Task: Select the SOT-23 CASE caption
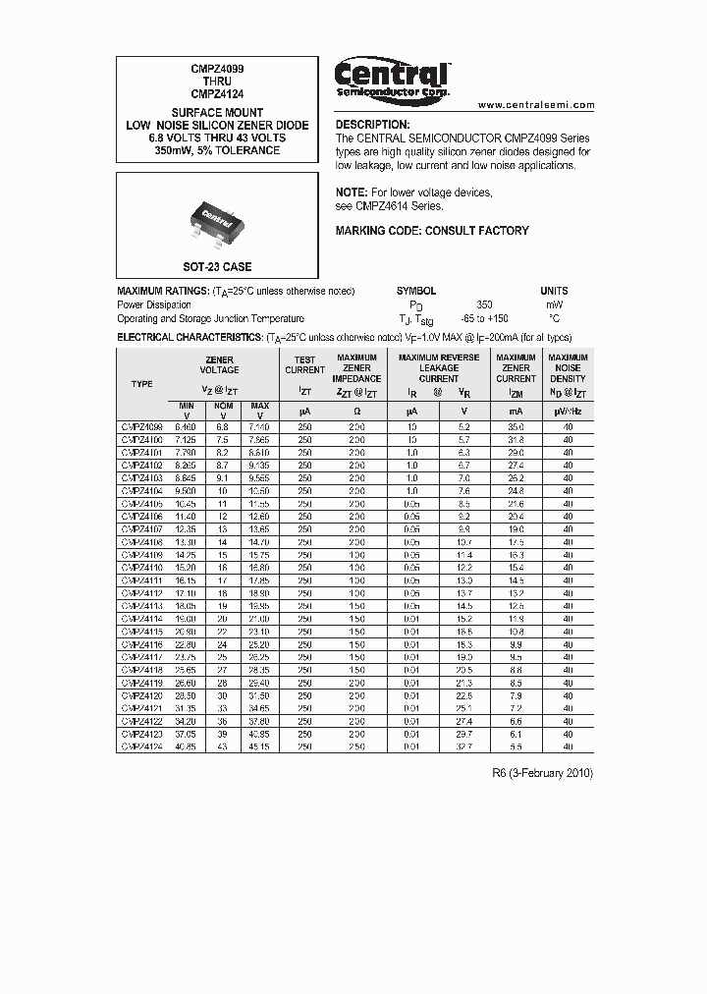(217, 267)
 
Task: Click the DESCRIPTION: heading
(372, 125)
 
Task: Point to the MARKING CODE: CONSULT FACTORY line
(432, 231)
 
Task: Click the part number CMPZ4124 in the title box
(217, 94)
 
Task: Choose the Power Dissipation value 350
(484, 304)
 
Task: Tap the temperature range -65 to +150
(484, 319)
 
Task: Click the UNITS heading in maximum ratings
(554, 291)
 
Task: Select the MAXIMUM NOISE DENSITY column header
(568, 368)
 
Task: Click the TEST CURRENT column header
(304, 364)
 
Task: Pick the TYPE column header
(141, 384)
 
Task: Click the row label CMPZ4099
(141, 427)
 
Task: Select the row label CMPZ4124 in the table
(141, 746)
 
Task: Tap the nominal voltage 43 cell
(223, 746)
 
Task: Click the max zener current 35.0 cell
(516, 427)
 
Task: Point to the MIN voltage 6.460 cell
(184, 427)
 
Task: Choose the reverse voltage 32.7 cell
(464, 746)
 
